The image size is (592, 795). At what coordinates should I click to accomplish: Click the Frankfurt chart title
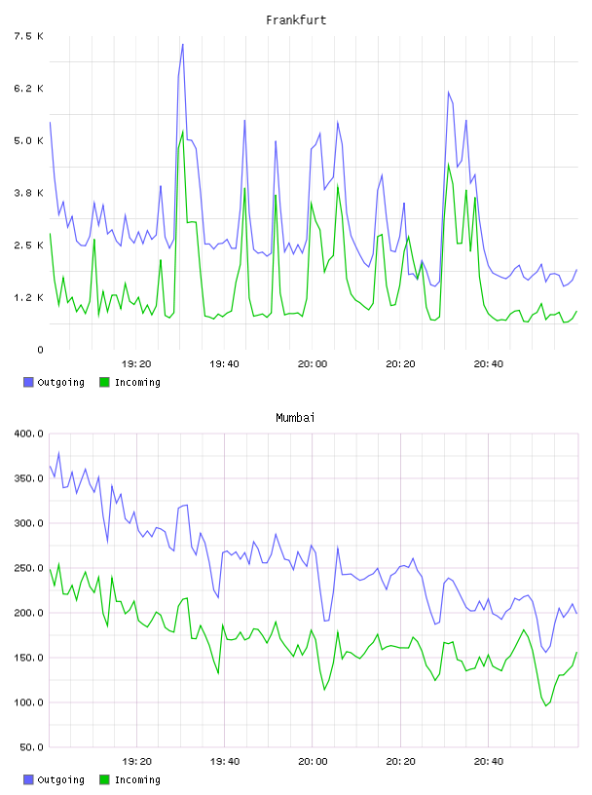coord(296,20)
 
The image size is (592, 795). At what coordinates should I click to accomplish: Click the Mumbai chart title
coord(295,418)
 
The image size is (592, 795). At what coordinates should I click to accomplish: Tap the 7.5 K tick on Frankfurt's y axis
coord(28,36)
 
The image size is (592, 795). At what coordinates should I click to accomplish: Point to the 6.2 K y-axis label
coord(28,89)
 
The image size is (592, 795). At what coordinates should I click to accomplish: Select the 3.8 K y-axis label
coord(28,193)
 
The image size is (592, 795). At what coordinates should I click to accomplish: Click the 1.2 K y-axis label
coord(28,297)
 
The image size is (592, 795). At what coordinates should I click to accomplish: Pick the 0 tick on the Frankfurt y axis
coord(40,350)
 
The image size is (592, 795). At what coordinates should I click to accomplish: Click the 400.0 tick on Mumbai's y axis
coord(28,434)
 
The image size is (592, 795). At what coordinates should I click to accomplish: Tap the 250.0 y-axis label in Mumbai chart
coord(28,568)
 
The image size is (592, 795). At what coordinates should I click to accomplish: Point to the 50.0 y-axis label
coord(31,747)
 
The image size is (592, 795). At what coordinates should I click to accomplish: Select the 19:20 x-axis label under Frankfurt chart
coord(136,363)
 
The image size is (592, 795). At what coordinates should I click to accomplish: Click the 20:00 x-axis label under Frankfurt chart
coord(313,363)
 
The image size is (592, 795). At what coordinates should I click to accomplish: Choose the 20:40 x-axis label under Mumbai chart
coord(489,761)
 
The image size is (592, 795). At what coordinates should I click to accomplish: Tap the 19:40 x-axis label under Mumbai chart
coord(225,761)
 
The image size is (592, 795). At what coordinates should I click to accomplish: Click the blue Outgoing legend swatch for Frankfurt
coord(28,382)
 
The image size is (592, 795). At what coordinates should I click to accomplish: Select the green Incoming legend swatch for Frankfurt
coord(104,382)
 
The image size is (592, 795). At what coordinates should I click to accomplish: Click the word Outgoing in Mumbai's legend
coord(60,779)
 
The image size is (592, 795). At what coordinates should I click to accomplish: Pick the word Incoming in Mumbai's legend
coord(137,779)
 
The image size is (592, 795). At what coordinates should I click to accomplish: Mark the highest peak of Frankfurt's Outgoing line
coord(182,45)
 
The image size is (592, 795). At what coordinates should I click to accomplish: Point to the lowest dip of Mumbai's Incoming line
coord(546,705)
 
